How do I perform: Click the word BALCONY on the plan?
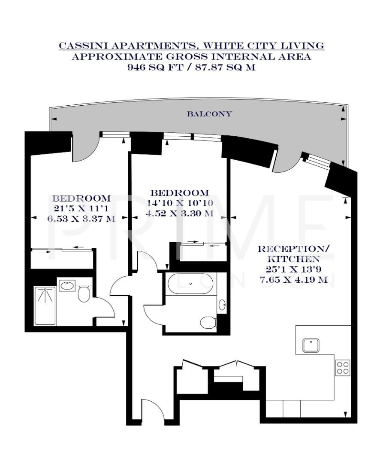[x=209, y=114]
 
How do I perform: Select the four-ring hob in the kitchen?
[x=343, y=367]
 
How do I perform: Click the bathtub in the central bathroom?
[x=190, y=284]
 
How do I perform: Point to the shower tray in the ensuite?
[x=45, y=305]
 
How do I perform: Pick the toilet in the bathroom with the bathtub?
[x=208, y=322]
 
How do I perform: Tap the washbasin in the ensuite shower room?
[x=66, y=285]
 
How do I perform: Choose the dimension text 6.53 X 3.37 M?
[x=81, y=218]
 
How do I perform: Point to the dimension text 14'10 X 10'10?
[x=179, y=203]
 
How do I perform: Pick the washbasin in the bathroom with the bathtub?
[x=222, y=305]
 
